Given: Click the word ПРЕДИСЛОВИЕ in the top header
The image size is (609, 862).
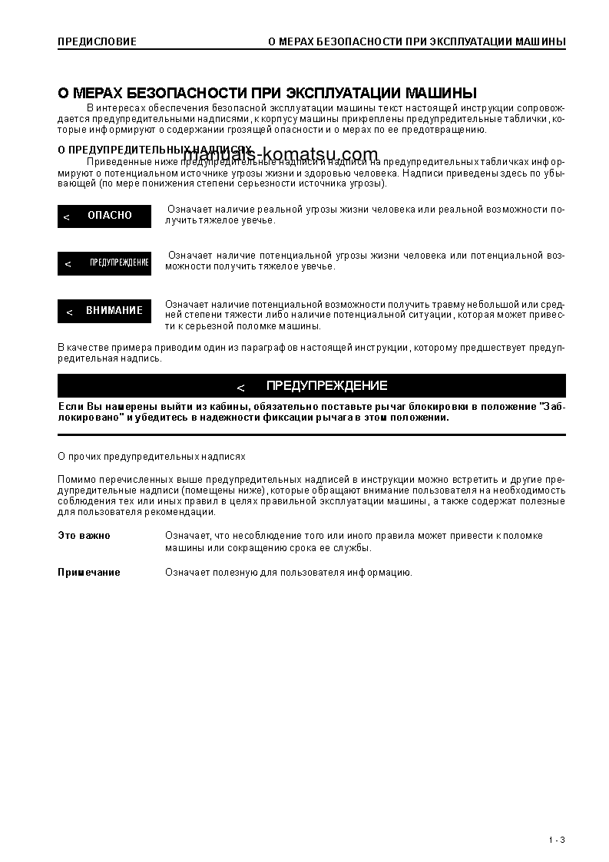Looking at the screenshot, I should click(x=97, y=41).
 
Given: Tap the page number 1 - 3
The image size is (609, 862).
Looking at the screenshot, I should click(x=558, y=840).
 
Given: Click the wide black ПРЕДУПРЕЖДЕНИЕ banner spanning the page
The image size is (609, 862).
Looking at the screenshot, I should click(x=312, y=386).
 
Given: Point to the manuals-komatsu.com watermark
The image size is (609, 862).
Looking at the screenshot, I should click(x=281, y=154).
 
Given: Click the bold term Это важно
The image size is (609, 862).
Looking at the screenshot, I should click(x=84, y=536).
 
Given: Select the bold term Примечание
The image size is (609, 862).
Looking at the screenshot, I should click(x=89, y=573).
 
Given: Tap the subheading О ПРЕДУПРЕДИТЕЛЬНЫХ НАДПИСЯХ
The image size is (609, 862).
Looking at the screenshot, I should click(x=154, y=150).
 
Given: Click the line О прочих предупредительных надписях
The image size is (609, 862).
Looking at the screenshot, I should click(x=152, y=457).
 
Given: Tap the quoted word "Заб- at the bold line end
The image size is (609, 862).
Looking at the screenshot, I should click(x=552, y=406).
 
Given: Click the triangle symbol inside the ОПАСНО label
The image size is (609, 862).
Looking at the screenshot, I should click(x=67, y=217).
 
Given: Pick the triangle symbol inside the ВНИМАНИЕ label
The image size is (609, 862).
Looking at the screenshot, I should click(x=69, y=312).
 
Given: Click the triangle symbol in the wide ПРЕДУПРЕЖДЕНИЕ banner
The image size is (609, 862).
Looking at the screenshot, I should click(x=240, y=388).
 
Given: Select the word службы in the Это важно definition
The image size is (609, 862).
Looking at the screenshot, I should click(x=355, y=548).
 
